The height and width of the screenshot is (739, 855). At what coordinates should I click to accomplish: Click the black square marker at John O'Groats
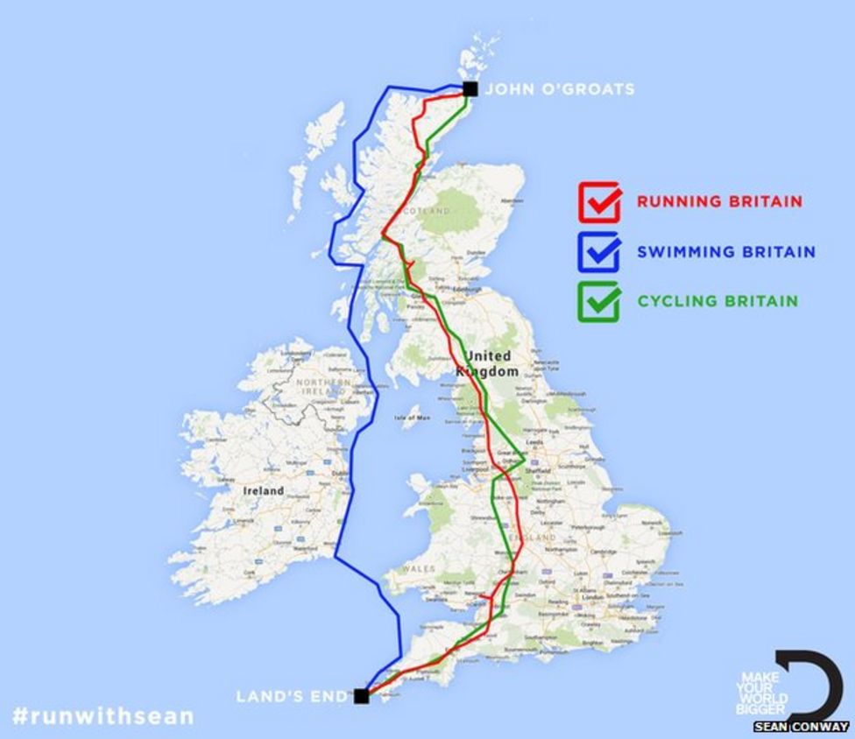point(470,88)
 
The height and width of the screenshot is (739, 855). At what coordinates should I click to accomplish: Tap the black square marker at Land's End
point(360,696)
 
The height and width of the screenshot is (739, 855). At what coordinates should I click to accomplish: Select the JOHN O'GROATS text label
point(560,89)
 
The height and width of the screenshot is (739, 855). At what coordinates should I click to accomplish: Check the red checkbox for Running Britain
point(600,201)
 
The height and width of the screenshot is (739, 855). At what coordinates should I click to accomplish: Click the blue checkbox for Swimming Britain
point(600,251)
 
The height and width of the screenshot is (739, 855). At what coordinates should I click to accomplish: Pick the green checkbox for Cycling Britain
point(600,300)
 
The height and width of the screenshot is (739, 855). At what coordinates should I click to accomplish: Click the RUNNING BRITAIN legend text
point(718,201)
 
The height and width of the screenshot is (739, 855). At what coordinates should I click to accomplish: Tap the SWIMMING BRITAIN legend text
point(725,252)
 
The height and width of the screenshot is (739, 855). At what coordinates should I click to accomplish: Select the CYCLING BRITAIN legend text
point(717,301)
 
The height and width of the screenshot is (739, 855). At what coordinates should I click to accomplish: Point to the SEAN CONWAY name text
point(801,727)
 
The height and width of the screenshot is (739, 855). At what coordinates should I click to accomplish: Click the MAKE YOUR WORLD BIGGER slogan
point(763,693)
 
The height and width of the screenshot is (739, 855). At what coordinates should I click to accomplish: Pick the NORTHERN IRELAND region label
point(322,388)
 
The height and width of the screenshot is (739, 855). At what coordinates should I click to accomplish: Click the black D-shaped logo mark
point(816,683)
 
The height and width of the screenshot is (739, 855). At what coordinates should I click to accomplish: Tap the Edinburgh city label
point(466,289)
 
